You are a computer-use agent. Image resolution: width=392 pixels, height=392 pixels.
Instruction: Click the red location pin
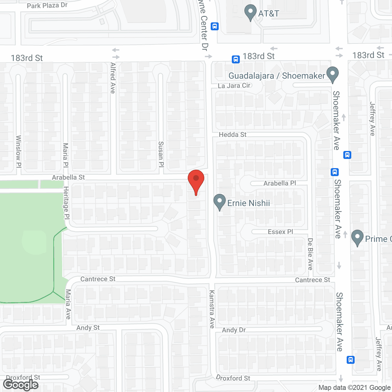click(x=196, y=181)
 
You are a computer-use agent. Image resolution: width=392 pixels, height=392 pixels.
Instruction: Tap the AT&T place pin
click(x=251, y=12)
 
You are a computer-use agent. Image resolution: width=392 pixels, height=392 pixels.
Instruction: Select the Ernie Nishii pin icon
click(x=219, y=202)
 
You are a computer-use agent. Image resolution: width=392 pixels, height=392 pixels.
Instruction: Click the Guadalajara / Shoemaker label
click(x=277, y=76)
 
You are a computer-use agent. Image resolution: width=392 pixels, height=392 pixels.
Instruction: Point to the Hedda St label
click(x=232, y=135)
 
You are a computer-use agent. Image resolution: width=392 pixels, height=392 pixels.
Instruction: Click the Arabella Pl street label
click(x=280, y=183)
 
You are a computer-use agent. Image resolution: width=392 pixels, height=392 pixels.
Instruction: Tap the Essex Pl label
click(x=280, y=232)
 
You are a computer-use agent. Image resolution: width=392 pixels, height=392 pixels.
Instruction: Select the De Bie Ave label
click(x=310, y=254)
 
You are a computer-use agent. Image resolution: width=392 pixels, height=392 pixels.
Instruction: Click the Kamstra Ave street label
click(x=212, y=309)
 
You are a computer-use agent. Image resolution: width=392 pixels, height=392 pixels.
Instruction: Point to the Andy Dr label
click(x=234, y=330)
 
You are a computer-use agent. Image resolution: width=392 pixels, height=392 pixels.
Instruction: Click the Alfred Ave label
click(x=113, y=78)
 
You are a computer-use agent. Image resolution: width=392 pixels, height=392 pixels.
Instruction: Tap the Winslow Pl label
click(x=18, y=151)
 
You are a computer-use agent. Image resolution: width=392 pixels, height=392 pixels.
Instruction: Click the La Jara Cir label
click(x=234, y=86)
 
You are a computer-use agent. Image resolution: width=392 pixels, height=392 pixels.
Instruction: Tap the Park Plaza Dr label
click(x=47, y=6)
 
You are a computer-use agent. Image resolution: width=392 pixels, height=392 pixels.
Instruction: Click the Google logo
click(x=21, y=385)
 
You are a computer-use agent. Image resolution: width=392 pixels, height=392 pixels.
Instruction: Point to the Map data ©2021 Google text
click(x=354, y=388)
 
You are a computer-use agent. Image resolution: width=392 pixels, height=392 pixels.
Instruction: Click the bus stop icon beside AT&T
click(x=215, y=26)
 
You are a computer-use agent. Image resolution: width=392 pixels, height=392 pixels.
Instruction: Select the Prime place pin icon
click(x=357, y=238)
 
